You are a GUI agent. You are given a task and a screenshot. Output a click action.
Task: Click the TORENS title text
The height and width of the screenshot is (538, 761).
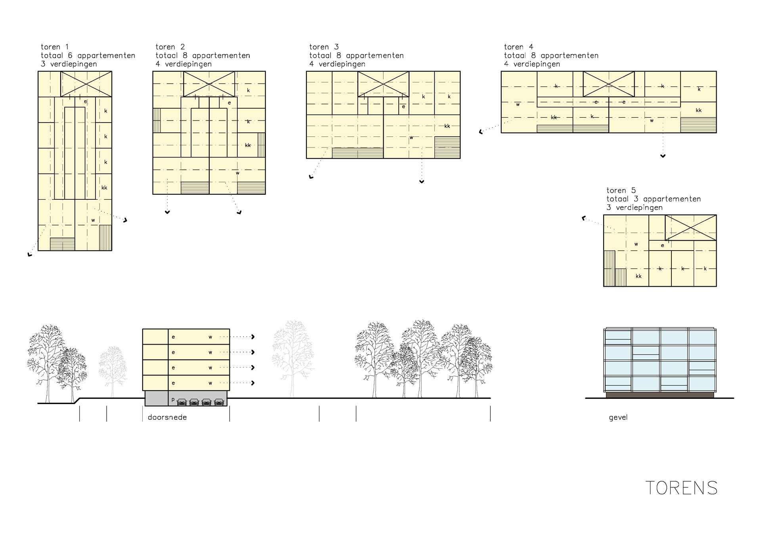click(681, 488)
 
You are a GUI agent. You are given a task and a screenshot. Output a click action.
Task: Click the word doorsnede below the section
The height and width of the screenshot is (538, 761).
click(167, 417)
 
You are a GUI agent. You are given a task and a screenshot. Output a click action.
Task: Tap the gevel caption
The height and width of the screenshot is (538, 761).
click(618, 417)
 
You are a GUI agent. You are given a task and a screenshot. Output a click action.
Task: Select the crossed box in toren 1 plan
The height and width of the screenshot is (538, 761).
click(86, 84)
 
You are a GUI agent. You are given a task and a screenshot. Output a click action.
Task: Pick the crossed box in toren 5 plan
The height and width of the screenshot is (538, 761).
click(690, 228)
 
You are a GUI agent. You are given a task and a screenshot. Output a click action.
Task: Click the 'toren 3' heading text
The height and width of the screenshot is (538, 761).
click(324, 47)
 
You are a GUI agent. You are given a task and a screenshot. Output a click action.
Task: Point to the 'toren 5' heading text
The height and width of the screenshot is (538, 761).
click(621, 191)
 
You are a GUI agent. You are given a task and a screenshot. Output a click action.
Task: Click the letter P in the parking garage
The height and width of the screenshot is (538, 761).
click(173, 400)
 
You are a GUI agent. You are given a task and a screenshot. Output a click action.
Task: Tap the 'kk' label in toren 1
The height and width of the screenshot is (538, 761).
click(104, 188)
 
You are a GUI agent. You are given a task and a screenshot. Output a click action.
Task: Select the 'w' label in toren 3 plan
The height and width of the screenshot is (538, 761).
click(411, 138)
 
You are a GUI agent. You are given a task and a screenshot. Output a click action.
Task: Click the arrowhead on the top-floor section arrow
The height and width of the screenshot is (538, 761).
click(252, 337)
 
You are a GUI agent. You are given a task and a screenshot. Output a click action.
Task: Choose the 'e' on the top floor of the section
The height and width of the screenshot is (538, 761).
click(173, 337)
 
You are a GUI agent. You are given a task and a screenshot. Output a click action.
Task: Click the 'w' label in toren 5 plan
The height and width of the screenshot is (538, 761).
click(636, 244)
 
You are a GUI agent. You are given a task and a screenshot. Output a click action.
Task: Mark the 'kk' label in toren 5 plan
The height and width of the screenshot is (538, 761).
click(639, 276)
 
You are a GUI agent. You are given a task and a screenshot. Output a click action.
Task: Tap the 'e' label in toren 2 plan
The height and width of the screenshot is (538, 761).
click(229, 103)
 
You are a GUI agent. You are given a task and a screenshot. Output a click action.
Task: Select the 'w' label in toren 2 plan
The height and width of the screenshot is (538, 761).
click(237, 173)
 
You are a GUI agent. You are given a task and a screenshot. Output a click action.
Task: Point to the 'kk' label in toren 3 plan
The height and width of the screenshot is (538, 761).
click(447, 126)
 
